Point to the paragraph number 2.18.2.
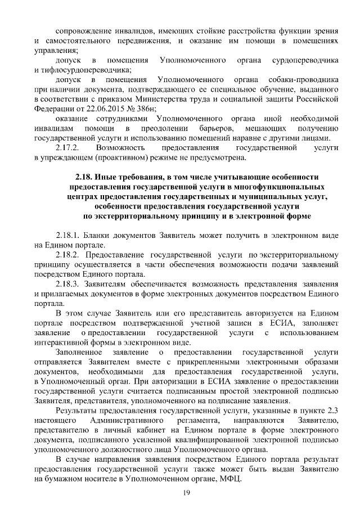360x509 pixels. (x=69, y=254)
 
